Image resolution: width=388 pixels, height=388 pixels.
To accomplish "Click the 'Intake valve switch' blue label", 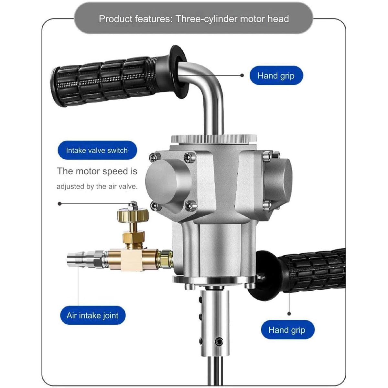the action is pyautogui.click(x=97, y=150).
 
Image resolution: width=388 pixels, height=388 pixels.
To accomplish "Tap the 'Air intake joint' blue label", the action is pyautogui.click(x=92, y=315).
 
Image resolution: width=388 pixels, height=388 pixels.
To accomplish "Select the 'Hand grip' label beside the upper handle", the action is pyautogui.click(x=276, y=76).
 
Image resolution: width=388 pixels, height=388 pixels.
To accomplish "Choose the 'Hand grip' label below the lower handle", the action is pyautogui.click(x=287, y=330).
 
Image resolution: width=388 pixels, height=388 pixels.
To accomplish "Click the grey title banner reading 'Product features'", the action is pyautogui.click(x=194, y=19).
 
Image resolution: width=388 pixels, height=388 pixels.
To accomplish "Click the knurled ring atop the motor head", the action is pyautogui.click(x=214, y=139).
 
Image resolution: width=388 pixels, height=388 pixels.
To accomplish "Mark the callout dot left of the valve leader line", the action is pyautogui.click(x=59, y=204).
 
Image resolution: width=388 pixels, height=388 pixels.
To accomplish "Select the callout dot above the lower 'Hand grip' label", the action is pyautogui.click(x=289, y=314).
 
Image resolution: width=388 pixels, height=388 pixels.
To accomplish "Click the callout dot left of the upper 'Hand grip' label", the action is pyautogui.click(x=242, y=75).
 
